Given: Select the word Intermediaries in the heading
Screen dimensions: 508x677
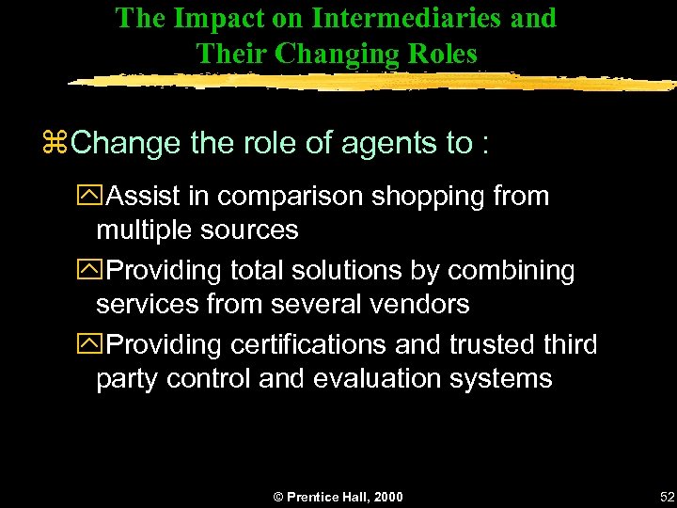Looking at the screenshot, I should pyautogui.click(x=394, y=18).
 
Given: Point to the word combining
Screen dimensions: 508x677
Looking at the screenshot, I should pyautogui.click(x=512, y=271).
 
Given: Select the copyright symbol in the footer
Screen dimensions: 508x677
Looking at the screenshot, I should pyautogui.click(x=277, y=496).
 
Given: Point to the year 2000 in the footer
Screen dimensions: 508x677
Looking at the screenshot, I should pyautogui.click(x=386, y=496).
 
